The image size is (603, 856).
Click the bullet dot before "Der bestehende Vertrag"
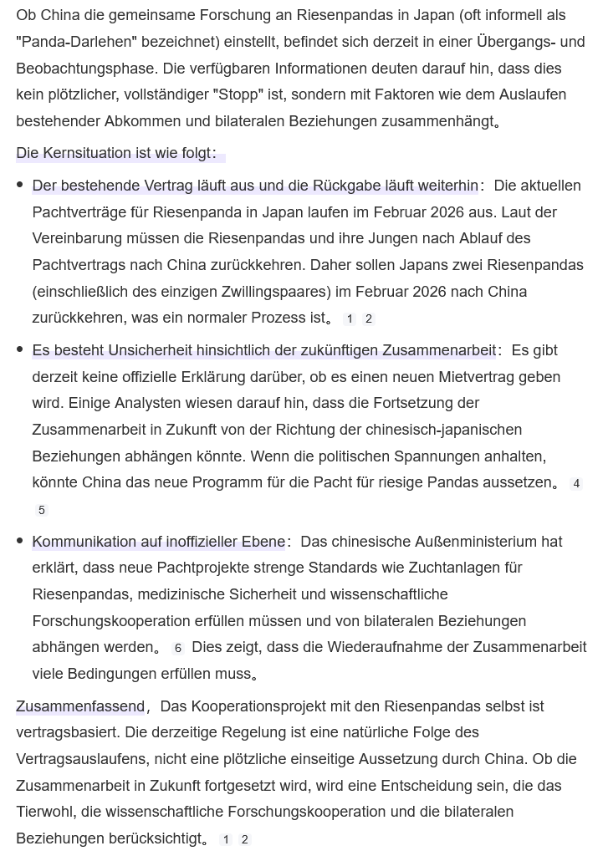(20, 185)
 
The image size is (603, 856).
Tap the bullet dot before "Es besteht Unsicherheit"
(20, 349)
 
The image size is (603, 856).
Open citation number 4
(576, 483)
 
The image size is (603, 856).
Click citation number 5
(42, 510)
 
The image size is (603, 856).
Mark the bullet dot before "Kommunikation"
(20, 541)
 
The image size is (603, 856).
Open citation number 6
(177, 648)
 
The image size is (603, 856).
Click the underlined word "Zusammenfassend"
(80, 706)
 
